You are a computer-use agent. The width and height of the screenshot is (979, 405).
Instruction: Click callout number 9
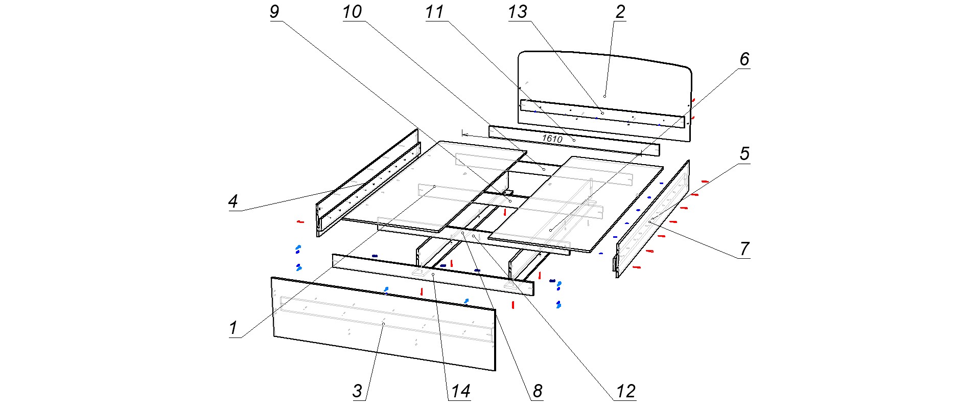coord(274,11)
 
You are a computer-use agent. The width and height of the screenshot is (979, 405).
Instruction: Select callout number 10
coord(352,11)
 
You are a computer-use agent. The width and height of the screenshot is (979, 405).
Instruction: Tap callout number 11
coord(435,11)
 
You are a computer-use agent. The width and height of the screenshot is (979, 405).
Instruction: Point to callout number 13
coord(518,11)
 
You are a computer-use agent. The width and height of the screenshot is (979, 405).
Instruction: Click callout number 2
coord(620,11)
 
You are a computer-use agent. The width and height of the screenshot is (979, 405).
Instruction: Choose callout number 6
coord(744,59)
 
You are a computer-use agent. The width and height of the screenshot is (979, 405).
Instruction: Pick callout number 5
coord(744,153)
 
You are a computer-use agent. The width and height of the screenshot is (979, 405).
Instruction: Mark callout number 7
coord(744,249)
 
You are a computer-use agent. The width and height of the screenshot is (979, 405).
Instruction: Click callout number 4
coord(233,201)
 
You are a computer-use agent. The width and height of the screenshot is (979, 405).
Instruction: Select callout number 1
coord(233,328)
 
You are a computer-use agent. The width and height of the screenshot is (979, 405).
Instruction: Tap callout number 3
coord(357,392)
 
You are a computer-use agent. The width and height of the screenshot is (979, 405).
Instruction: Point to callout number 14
coord(460,392)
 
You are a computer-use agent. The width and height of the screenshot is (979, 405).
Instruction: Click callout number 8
coord(538,392)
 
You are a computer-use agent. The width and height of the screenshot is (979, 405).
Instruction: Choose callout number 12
coord(625,392)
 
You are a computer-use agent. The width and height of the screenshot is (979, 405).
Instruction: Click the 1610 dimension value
coord(552,139)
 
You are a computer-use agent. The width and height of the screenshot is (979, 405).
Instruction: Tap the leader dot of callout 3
coord(383,324)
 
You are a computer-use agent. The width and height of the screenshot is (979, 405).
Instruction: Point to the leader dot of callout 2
coord(604,96)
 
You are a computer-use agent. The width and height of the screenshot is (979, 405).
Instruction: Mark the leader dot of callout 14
coord(433,275)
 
